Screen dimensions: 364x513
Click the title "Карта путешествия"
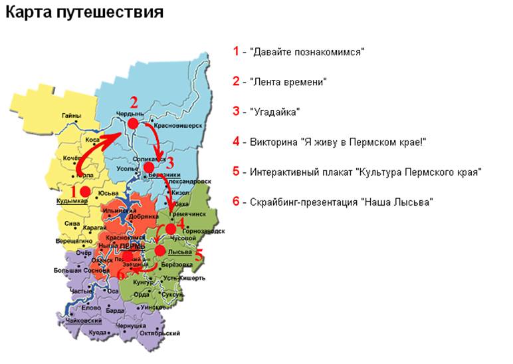[84, 13]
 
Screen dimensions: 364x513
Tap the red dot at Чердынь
[133, 124]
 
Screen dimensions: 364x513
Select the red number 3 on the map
[169, 163]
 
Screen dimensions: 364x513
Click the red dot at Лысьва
[160, 251]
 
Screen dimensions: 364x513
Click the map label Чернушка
[130, 325]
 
